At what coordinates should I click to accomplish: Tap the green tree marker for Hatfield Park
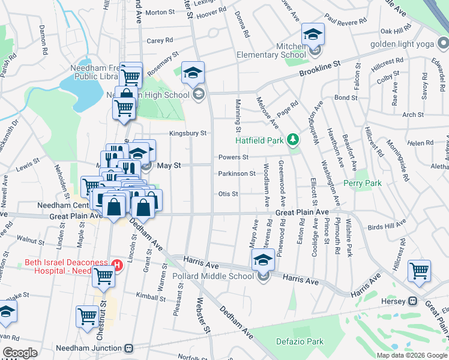click(292, 140)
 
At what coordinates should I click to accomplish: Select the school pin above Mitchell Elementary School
click(313, 34)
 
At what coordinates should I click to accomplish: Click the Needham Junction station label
click(89, 348)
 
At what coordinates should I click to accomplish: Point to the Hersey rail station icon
click(413, 301)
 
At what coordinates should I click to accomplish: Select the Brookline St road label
click(321, 71)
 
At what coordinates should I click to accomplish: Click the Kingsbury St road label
click(187, 133)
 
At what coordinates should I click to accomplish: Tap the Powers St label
click(233, 157)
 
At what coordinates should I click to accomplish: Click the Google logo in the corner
click(20, 353)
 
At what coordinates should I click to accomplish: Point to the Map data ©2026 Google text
click(411, 355)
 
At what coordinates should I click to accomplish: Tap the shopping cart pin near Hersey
click(419, 271)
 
